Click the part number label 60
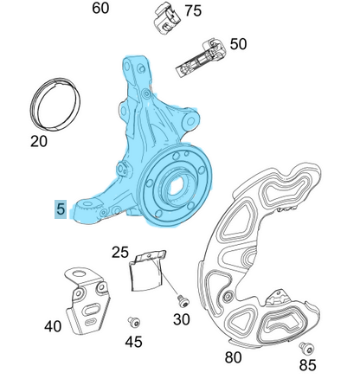(x=101, y=9)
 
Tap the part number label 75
(x=192, y=10)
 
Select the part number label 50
(x=238, y=43)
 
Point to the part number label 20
(x=39, y=141)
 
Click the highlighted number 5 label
(x=60, y=209)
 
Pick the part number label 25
(x=120, y=253)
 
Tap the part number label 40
(x=53, y=326)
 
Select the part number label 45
(x=133, y=342)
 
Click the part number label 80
(x=233, y=357)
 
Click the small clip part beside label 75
(x=165, y=17)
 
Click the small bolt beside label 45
(x=133, y=321)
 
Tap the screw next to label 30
(x=181, y=299)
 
